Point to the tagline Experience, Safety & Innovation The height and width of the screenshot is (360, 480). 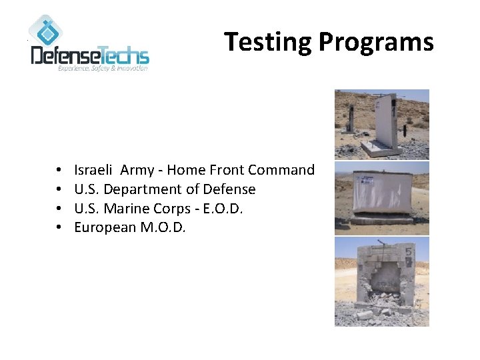point(103,69)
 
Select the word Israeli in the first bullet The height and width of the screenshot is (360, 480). point(93,170)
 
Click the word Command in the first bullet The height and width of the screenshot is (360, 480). point(285,170)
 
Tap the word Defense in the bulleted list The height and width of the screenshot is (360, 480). point(229,189)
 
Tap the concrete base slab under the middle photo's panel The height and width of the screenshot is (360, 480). point(381,220)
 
